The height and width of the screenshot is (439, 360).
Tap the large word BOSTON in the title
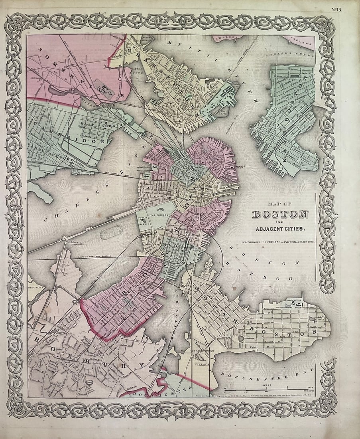[x=280, y=214]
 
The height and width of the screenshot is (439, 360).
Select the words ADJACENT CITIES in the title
[x=280, y=229]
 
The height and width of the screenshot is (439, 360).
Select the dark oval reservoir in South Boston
[x=241, y=338]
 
